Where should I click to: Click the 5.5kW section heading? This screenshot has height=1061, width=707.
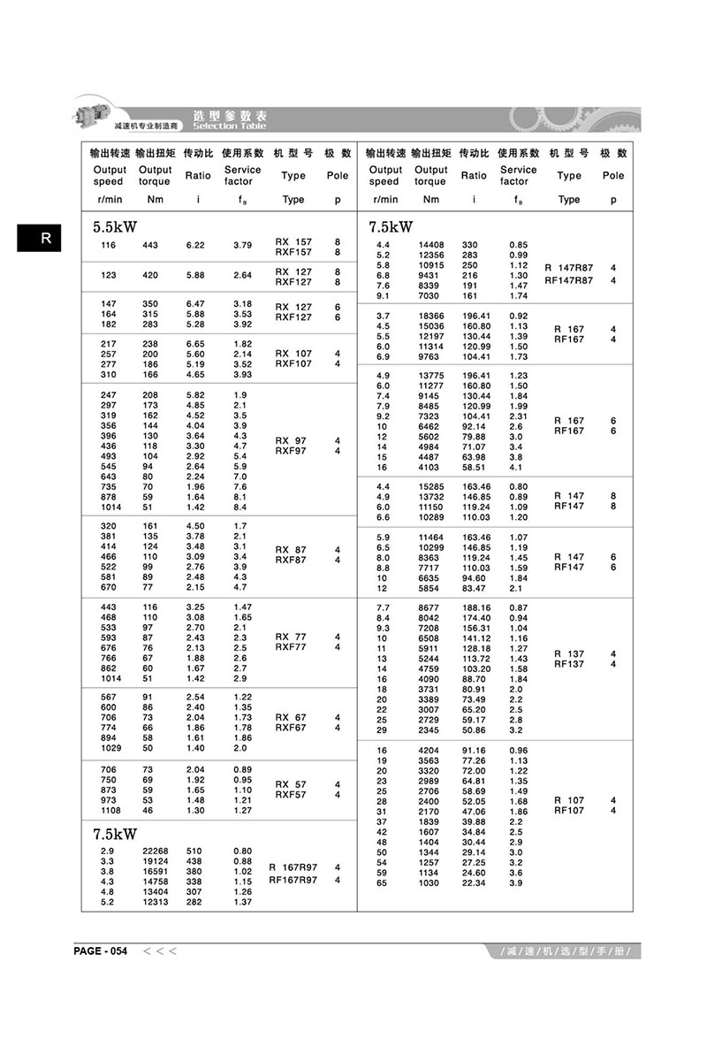click(x=117, y=226)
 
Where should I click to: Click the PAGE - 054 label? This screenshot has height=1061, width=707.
click(x=101, y=950)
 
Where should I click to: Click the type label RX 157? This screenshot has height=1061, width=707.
click(x=293, y=241)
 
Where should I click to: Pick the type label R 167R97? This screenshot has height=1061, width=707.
click(x=293, y=867)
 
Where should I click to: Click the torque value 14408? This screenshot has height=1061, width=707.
click(x=430, y=245)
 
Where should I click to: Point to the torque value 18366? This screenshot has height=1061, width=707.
click(x=430, y=316)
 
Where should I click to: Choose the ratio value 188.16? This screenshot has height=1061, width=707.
click(x=475, y=607)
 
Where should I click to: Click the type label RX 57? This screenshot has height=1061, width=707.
click(x=293, y=784)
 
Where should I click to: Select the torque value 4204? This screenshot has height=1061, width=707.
click(x=430, y=751)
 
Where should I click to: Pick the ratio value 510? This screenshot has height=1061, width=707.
click(x=194, y=850)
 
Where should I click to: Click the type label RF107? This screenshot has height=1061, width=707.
click(x=568, y=811)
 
